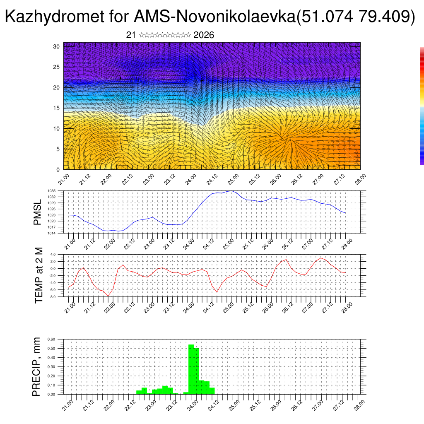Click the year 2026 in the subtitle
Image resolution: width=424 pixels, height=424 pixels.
click(204, 35)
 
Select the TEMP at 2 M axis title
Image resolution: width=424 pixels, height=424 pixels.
click(39, 275)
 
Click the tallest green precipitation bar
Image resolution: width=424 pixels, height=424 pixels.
click(191, 369)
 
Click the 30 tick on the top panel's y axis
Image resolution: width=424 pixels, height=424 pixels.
click(57, 46)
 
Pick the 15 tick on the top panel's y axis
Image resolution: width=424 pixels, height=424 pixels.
click(57, 108)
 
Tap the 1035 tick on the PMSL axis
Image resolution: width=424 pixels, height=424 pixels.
click(51, 191)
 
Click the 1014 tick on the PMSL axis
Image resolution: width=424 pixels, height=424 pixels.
click(51, 233)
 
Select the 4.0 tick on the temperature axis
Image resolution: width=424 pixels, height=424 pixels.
click(53, 254)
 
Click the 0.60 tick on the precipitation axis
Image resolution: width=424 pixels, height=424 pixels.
click(51, 339)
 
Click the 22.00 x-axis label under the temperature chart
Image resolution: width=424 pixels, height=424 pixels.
click(109, 306)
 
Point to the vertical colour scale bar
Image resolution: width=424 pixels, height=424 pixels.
click(422, 106)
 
